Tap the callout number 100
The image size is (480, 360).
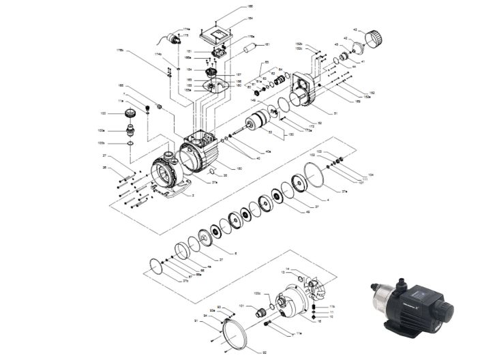(x=104, y=112)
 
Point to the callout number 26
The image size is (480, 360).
(x=104, y=168)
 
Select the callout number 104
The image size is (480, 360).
(x=371, y=175)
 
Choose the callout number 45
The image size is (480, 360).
(x=307, y=212)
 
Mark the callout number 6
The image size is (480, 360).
(x=236, y=254)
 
